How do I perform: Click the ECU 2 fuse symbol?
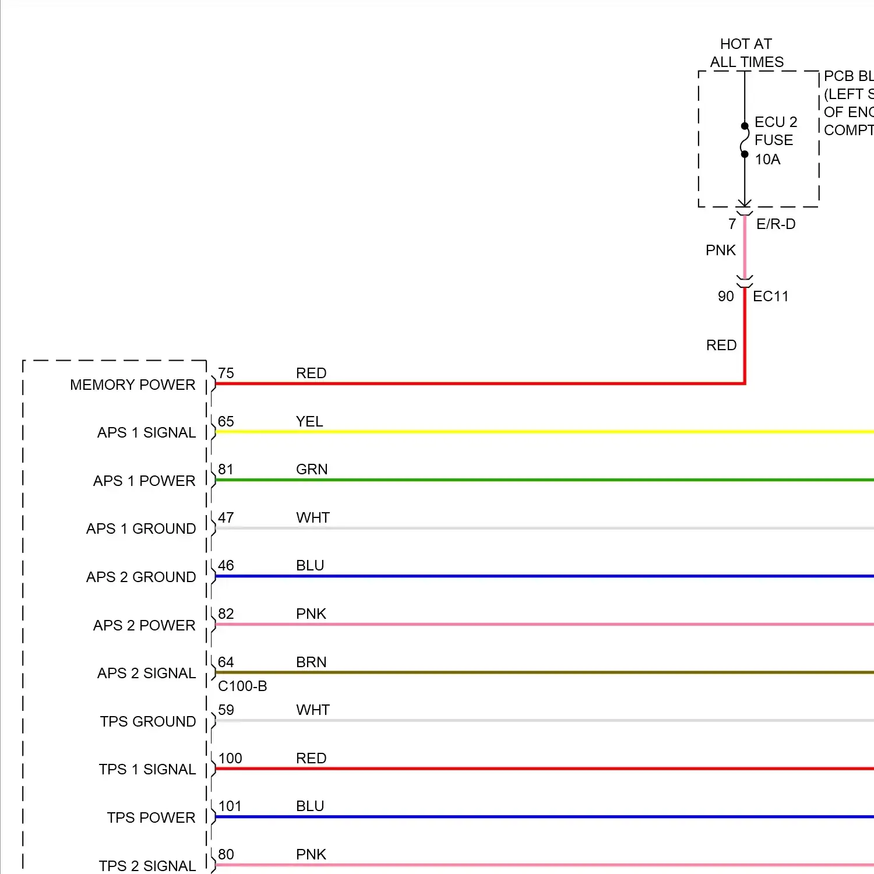coord(745,140)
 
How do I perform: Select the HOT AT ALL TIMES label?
coord(746,53)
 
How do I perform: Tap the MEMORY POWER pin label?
coord(132,385)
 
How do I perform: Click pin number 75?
coord(226,373)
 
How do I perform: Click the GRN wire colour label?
coord(312,469)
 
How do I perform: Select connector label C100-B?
coord(242,686)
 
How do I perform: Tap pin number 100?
coord(230,758)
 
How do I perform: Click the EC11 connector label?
coord(770,296)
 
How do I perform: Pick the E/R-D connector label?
coord(776,224)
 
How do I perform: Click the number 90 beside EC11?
coord(726,296)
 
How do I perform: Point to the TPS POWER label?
coord(151,817)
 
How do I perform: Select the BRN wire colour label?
coord(311,662)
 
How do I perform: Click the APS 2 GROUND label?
coord(141,577)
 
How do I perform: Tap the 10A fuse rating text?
coord(767,159)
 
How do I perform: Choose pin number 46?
coord(226,565)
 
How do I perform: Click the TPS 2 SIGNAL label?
coord(147,866)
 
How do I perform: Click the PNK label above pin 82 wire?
coord(311,614)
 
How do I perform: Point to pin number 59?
coord(226,710)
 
